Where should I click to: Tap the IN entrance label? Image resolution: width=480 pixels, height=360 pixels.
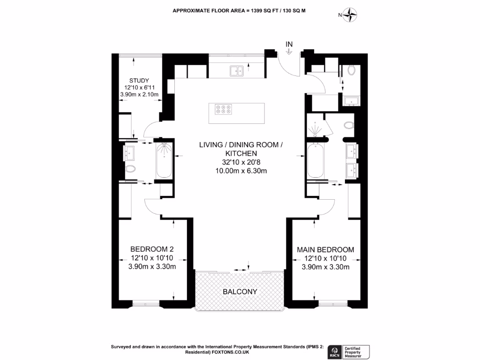point(289,44)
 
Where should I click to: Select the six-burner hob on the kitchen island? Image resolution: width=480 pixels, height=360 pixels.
point(223,109)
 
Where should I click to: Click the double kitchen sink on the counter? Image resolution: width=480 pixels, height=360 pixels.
point(236,71)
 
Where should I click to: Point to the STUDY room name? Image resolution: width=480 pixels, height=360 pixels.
point(139,80)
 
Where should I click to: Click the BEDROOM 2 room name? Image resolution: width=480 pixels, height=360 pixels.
point(152,249)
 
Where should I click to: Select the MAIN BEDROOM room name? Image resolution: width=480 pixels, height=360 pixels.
point(325,249)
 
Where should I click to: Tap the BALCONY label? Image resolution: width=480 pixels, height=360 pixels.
point(240,292)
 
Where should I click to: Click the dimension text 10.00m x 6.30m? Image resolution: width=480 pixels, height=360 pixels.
point(241,171)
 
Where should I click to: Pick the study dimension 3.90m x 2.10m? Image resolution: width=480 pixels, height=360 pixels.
point(139,95)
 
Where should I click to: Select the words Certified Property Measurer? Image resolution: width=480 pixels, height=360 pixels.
point(356,351)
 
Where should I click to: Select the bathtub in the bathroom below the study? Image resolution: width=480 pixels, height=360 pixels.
point(164,161)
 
